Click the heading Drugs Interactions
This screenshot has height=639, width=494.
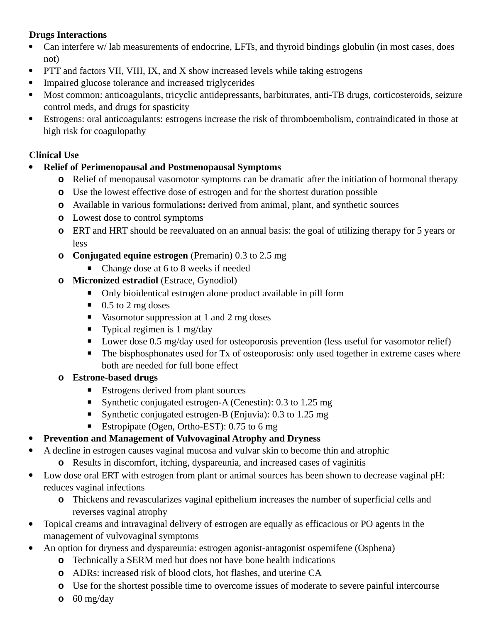tap(68, 35)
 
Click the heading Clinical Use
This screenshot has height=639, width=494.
tap(54, 155)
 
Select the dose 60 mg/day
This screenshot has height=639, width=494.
tap(93, 599)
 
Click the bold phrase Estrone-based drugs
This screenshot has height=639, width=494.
tap(115, 378)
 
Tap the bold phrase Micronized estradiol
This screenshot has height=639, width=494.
tap(115, 280)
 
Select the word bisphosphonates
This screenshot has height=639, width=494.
tap(146, 354)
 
